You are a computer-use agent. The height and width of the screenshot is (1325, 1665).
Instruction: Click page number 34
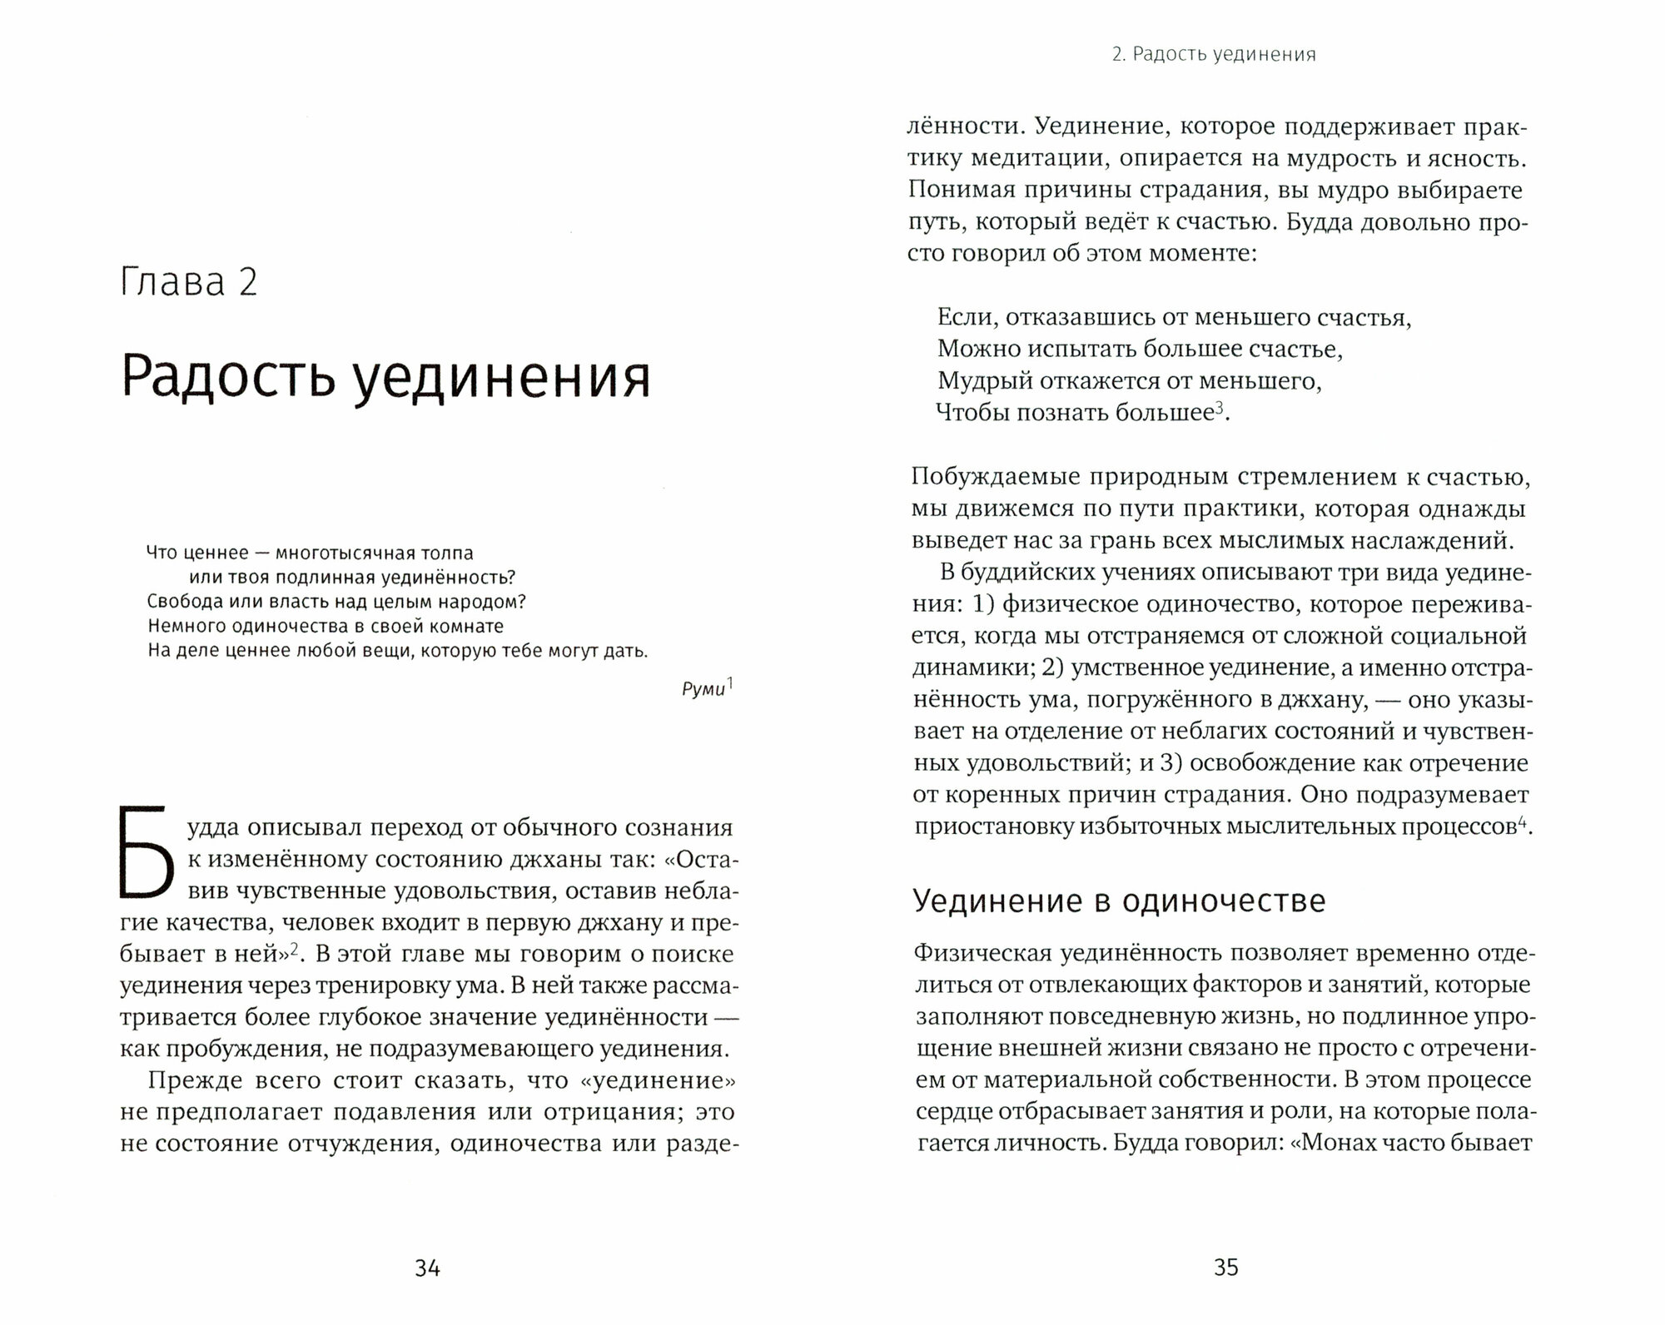tap(427, 1268)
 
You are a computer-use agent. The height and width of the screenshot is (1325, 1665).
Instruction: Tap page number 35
tap(1225, 1268)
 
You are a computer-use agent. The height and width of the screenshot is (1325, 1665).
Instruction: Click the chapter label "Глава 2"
tap(189, 282)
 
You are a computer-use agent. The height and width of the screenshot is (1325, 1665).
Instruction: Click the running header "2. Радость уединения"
tap(1214, 55)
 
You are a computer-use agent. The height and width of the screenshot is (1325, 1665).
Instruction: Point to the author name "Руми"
tap(703, 690)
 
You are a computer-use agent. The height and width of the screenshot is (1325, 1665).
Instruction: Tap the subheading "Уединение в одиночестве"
tap(1119, 901)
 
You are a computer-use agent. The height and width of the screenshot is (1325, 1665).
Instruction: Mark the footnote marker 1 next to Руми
tap(730, 684)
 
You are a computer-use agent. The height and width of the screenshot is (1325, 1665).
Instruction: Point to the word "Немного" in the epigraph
tap(182, 626)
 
